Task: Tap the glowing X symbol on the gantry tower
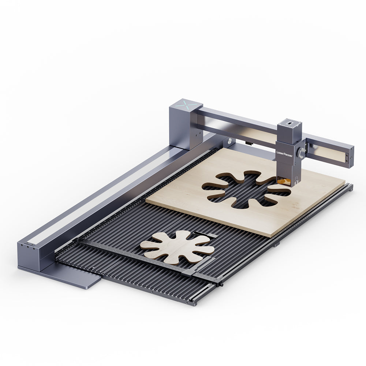pos(186,104)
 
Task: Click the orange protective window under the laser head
pos(284,181)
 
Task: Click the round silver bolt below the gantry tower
pos(229,141)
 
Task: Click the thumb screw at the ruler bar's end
pos(221,284)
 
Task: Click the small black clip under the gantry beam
pos(250,143)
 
